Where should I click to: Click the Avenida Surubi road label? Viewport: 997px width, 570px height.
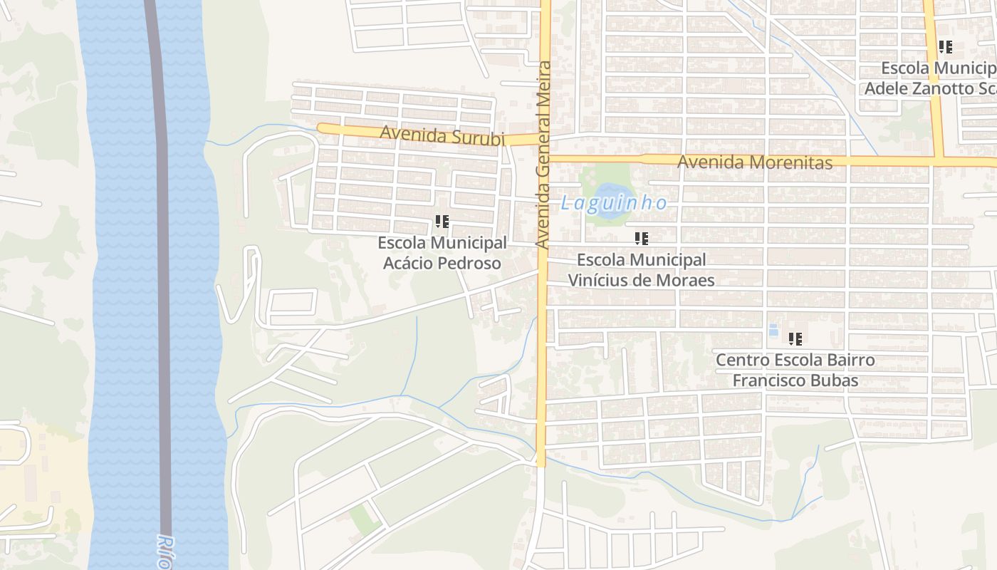442,135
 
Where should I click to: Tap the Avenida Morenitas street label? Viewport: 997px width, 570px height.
754,162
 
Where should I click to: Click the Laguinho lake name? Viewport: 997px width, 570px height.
614,203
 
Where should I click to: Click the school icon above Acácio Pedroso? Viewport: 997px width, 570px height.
442,222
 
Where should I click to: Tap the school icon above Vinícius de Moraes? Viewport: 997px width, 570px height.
642,239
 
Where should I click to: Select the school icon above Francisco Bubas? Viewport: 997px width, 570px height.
795,339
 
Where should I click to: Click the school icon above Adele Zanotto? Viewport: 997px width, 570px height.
946,48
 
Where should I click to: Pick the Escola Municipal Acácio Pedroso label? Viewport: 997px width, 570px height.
442,253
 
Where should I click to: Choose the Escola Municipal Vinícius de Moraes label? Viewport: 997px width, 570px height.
641,270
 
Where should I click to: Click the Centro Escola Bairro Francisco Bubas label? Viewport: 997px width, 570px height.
795,370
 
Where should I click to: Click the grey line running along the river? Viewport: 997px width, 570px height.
163,285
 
